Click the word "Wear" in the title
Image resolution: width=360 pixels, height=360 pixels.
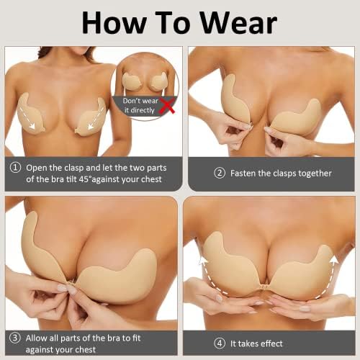point(238,23)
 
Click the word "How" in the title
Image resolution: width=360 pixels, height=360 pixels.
point(114,23)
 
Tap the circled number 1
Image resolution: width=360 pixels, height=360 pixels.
point(15,168)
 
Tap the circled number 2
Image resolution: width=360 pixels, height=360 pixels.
point(220,173)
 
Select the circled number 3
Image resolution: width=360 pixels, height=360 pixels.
point(15,338)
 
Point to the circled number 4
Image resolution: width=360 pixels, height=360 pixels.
point(220,343)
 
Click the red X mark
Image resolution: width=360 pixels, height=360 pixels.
point(167,106)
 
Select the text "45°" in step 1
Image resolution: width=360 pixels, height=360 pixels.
point(85,179)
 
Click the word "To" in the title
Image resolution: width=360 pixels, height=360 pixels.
point(171,23)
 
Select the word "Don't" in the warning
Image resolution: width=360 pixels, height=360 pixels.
point(131,101)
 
